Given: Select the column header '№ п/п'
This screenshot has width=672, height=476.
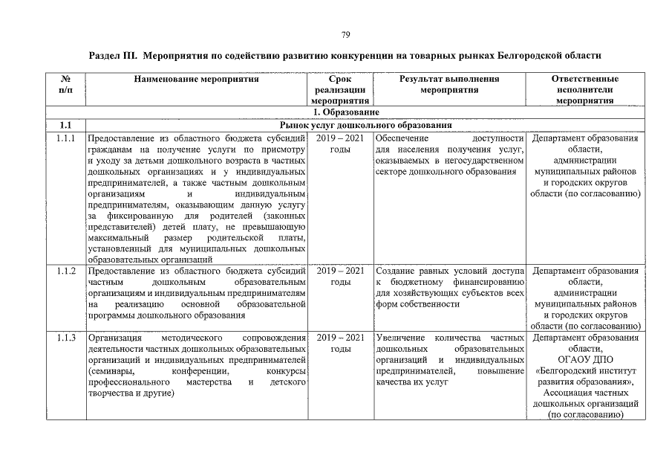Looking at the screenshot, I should pos(65,84).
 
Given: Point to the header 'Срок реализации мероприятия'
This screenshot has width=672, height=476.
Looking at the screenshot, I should pos(340,89).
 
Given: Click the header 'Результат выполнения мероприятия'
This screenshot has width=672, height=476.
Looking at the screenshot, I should pos(448,84).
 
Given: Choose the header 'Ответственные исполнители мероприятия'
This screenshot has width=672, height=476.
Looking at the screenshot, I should pos(585,89).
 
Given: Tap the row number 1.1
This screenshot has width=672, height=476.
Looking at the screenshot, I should pos(65,124).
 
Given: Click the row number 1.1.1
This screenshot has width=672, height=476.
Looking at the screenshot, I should pos(65,138).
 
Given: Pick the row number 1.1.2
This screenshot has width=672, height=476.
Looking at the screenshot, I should pos(65,271).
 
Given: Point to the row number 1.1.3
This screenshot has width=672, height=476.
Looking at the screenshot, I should pos(65,338).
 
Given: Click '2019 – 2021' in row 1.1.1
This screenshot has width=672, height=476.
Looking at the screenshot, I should pos(340,138).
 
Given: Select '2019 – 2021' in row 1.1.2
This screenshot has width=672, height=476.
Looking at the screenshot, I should pos(340,271).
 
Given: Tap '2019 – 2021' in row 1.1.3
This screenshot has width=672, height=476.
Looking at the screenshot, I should pos(340,338).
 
